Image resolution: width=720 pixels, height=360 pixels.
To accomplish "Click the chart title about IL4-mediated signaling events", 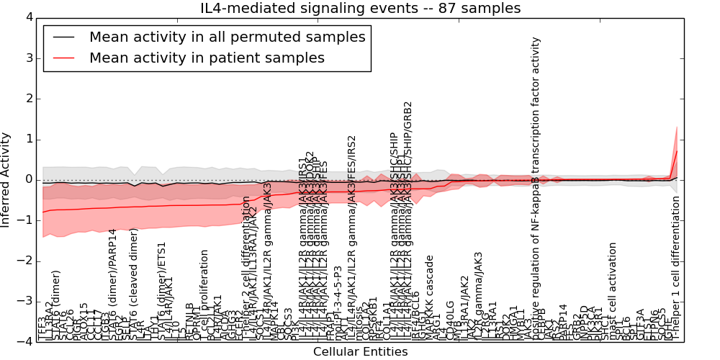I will click(360, 8).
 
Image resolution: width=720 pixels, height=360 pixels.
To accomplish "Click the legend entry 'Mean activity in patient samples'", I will click(207, 58).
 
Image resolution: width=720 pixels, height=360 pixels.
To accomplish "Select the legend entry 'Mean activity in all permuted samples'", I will click(227, 37).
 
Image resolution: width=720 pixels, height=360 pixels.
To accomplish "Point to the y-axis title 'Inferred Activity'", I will click(6, 180).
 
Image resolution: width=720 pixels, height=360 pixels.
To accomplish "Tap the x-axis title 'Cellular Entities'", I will click(360, 352).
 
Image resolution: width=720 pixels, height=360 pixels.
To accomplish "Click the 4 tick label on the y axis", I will click(28, 17).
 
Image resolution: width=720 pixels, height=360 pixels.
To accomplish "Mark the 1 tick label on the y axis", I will click(28, 139).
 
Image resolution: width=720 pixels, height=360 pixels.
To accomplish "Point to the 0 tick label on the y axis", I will click(28, 180).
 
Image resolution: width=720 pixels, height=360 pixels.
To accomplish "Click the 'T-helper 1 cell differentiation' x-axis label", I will click(676, 268).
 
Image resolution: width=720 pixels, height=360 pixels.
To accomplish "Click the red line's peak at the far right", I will click(677, 151).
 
